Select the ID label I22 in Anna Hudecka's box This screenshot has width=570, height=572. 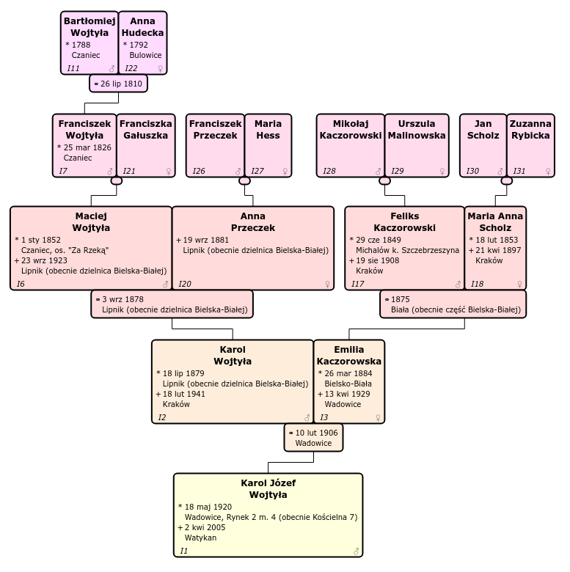coord(131,68)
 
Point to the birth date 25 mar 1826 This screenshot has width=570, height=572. coord(87,147)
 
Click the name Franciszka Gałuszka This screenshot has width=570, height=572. coord(145,129)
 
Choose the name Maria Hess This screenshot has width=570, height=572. coord(268,129)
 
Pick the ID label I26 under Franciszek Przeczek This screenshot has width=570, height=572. coord(199,171)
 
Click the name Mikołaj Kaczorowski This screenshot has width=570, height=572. coord(351,129)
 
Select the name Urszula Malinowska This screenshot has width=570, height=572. coord(416,129)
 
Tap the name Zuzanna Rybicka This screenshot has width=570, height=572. coord(530,129)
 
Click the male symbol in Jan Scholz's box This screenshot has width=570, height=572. coord(500,172)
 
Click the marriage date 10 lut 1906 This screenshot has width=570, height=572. coord(316,433)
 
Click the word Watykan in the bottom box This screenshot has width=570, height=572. coord(200,538)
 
